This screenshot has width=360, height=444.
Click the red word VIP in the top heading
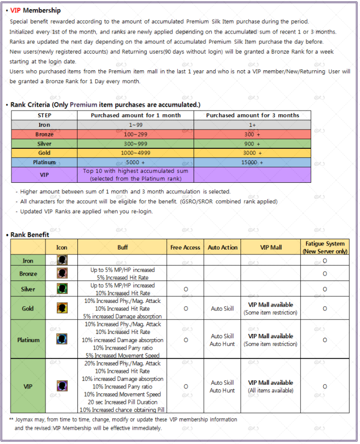click(x=15, y=10)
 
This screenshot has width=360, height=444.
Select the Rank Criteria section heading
click(x=105, y=104)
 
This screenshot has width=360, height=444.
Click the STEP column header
click(x=44, y=115)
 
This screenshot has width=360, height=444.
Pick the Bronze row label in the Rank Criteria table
click(x=44, y=134)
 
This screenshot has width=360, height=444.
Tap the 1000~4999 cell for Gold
click(x=136, y=153)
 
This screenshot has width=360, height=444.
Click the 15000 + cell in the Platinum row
click(x=252, y=162)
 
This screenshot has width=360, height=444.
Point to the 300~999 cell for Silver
click(x=136, y=144)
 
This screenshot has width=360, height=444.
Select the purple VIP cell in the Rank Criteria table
click(x=44, y=175)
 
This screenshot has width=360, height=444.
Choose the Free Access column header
click(x=185, y=247)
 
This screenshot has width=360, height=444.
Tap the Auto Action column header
click(x=222, y=247)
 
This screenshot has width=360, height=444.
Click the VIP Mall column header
click(x=271, y=247)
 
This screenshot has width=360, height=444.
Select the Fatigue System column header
click(x=325, y=247)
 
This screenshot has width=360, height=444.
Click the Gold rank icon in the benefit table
click(x=62, y=308)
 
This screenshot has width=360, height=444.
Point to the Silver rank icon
click(x=62, y=289)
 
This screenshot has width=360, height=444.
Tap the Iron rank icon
click(x=62, y=260)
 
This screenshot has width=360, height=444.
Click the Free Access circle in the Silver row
click(x=185, y=289)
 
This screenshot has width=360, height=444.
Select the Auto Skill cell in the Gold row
click(x=222, y=309)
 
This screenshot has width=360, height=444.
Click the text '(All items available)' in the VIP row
click(x=271, y=390)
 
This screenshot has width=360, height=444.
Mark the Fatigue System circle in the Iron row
click(x=325, y=261)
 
